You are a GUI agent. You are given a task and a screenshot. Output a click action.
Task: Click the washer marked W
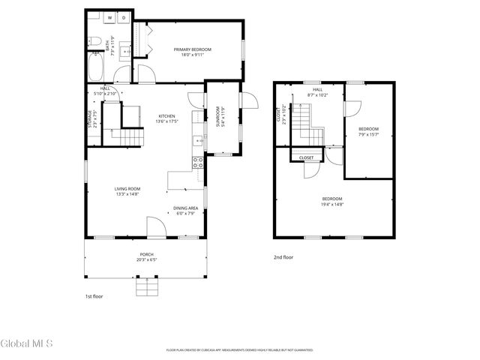[110, 16]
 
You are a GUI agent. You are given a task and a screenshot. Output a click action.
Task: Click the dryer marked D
[124, 16]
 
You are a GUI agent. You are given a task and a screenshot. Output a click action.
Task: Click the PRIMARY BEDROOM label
[193, 50]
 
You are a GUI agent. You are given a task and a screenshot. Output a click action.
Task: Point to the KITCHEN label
[166, 115]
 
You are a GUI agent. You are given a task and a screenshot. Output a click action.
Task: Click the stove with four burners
[198, 161]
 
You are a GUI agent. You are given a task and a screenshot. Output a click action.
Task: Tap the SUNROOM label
[218, 118]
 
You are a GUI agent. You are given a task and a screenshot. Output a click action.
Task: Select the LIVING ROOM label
[127, 188]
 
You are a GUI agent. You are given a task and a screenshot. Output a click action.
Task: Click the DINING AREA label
[185, 208]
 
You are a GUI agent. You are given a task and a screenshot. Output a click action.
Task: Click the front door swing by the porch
[154, 226]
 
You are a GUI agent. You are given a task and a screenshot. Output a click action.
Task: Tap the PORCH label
[145, 256]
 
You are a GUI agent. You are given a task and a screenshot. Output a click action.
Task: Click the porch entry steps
[145, 288]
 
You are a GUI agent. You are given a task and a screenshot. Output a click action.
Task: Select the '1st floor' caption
[94, 296]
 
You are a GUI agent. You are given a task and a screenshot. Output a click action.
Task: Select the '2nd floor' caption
[283, 257]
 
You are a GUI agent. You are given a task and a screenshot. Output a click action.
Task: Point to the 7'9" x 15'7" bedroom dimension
[368, 135]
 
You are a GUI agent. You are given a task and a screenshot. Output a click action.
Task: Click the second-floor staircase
[301, 120]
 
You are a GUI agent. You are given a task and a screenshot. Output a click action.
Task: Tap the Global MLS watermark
[27, 343]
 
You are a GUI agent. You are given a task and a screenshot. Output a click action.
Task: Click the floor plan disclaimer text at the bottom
[239, 349]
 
